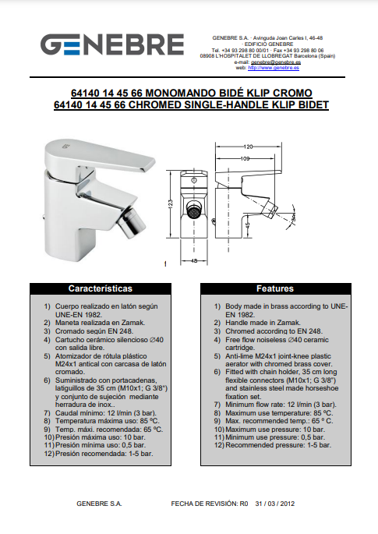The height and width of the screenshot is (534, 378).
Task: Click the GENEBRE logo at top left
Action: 112,44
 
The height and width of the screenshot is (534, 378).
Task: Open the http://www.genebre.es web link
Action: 274,68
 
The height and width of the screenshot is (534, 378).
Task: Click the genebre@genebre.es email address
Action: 276,62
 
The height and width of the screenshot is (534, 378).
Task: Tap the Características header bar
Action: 101,288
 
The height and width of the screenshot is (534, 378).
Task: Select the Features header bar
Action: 275,288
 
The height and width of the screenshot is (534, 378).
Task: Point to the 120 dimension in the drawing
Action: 249,147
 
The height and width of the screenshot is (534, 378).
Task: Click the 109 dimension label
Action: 246,158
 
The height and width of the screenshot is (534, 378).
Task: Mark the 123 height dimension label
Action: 171,203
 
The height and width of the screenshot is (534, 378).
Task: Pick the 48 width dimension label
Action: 194,261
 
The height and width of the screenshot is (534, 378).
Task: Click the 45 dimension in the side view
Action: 248,225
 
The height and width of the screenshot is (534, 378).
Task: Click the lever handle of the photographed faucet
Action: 100,156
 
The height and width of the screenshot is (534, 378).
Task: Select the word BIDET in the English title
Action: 313,104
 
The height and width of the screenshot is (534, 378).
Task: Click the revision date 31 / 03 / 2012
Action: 275,504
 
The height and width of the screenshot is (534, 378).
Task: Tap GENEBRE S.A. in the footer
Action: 99,504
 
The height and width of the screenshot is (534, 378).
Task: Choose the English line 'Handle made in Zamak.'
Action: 263,323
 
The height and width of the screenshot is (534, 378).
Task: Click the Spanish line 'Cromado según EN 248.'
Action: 94,331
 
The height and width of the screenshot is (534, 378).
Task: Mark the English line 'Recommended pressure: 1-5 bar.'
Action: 278,445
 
